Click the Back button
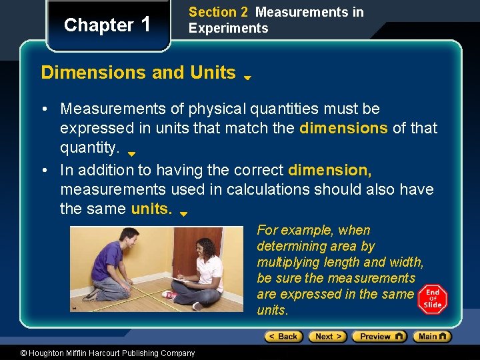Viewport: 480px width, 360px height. coord(283,337)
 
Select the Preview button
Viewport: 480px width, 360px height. coord(379,337)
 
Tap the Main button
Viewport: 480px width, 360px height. coord(431,337)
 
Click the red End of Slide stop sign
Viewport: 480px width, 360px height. coord(432,299)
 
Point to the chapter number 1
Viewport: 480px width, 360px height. coord(147,25)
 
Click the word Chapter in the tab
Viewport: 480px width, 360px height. coord(99,25)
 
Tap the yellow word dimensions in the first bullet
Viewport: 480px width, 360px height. coord(343,127)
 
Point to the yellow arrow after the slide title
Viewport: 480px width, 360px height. coord(247,77)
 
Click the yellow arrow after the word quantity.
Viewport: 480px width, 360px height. coord(131,153)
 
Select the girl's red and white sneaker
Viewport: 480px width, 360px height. coord(170,295)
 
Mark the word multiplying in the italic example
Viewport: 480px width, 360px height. coord(289,262)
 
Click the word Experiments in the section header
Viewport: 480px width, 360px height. coord(228,28)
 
